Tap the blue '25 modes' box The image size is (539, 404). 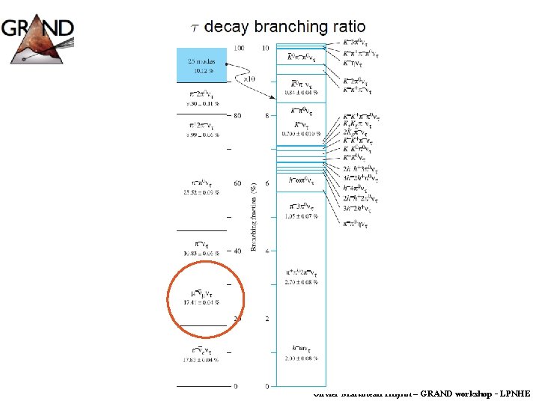coord(201,65)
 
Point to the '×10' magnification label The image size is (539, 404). coord(249,79)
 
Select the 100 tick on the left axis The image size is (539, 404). coord(238,48)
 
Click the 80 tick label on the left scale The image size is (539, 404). coord(237,116)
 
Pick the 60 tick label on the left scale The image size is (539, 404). coord(237,183)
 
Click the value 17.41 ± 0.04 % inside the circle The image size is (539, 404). coord(201,302)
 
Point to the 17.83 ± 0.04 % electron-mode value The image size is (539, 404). coord(201,360)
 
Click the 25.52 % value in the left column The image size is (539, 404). coord(201,192)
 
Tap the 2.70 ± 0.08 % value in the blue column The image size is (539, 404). coord(300,282)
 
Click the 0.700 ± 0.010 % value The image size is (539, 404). coord(301,133)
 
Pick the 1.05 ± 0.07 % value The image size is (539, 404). coord(301,216)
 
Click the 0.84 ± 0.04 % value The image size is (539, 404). coord(300,93)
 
